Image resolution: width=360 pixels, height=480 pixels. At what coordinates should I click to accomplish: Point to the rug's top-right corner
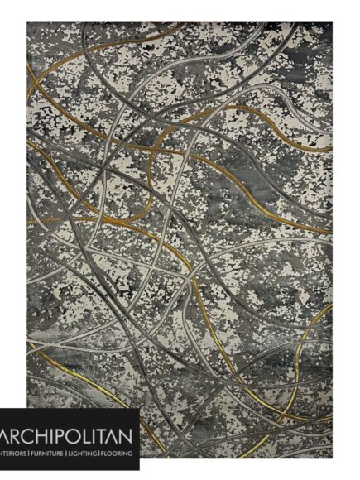332,22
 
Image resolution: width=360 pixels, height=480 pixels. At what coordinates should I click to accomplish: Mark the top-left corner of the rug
27,22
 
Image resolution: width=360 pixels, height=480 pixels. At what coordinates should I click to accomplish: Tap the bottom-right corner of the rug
332,458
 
